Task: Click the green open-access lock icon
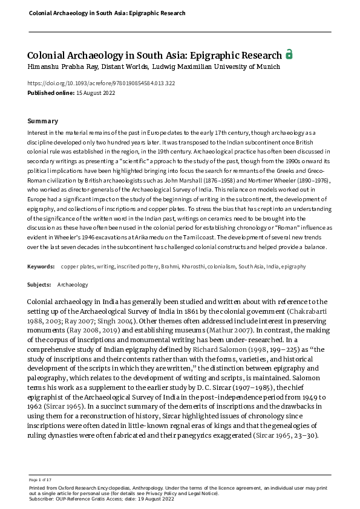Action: click(289, 54)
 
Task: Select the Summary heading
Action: click(43, 121)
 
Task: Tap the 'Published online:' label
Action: click(50, 92)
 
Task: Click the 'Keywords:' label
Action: click(42, 267)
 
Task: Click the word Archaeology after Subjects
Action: click(73, 284)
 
